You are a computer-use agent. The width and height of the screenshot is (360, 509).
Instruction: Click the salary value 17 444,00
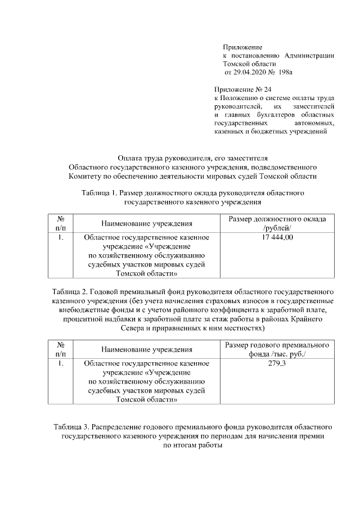275,238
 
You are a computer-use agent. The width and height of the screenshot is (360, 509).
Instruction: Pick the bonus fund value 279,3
275,363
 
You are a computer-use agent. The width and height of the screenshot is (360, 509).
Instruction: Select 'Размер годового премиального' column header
276,344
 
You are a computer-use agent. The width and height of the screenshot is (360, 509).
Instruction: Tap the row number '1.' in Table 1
60,238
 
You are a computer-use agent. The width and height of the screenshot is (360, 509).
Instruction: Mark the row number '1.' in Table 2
60,363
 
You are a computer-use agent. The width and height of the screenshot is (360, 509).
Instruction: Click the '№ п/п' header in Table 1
60,223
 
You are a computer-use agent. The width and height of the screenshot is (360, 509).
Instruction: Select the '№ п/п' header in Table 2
60,349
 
